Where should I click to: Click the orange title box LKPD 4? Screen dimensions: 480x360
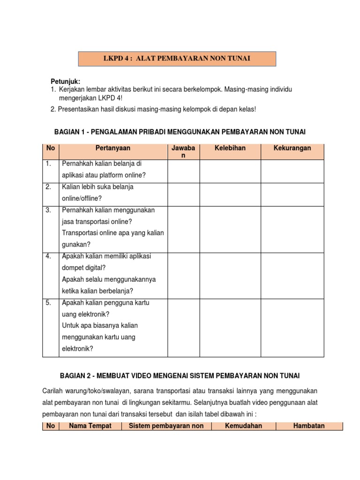tap(176, 59)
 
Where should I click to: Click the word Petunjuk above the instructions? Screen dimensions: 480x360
tap(66, 82)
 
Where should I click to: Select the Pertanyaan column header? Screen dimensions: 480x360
tap(112, 148)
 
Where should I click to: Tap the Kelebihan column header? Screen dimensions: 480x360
tap(230, 148)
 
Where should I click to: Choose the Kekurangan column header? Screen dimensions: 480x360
tap(292, 148)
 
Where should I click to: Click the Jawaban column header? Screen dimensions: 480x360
tap(184, 151)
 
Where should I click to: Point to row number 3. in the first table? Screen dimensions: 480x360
tap(49, 210)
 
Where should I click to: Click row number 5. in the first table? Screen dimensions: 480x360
tap(49, 303)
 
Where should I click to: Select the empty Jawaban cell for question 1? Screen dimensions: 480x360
tap(184, 171)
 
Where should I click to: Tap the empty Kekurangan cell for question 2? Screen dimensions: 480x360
tap(292, 195)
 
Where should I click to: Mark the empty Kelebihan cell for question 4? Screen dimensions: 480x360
tap(230, 276)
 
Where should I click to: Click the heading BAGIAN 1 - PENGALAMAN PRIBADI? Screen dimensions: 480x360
tap(183, 133)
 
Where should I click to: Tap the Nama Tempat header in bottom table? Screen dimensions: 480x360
tap(90, 426)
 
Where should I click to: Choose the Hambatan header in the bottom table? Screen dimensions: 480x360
tap(309, 426)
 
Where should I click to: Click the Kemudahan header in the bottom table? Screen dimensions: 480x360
tap(243, 426)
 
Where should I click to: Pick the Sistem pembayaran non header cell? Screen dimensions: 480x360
tap(166, 426)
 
